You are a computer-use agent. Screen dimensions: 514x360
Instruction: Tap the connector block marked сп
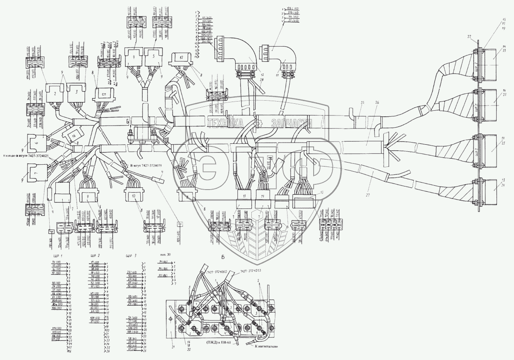pyautogui.click(x=104, y=94)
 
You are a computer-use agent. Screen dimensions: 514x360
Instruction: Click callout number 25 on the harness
pyautogui.click(x=361, y=103)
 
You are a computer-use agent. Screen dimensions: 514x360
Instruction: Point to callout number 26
pyautogui.click(x=377, y=103)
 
